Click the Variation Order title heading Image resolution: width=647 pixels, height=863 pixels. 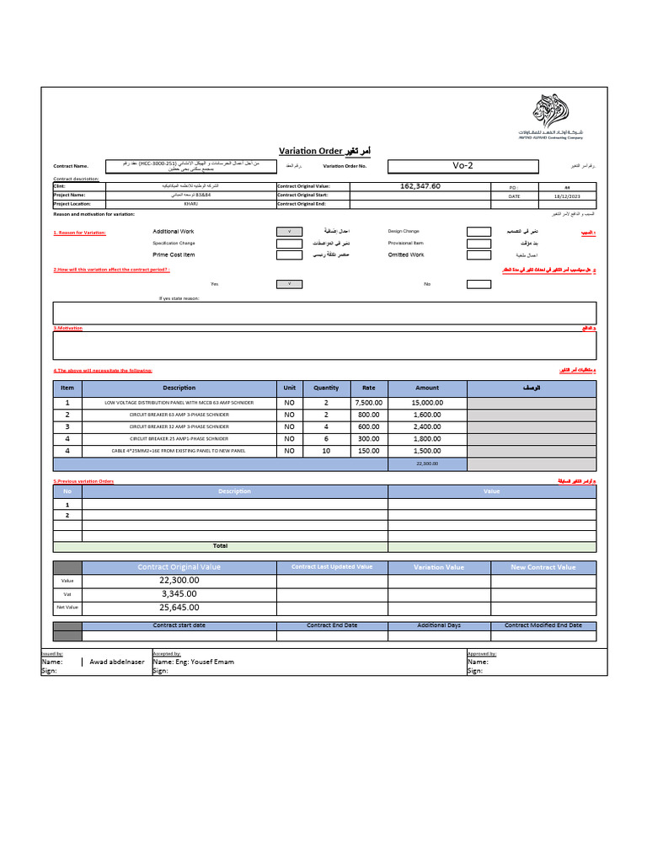(x=324, y=150)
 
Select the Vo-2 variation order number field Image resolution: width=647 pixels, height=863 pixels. (x=463, y=165)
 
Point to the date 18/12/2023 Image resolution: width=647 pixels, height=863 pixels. (x=568, y=196)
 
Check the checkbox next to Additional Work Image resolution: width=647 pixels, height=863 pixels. (x=289, y=231)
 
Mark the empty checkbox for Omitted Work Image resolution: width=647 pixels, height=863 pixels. (x=479, y=255)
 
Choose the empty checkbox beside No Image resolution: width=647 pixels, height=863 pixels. (x=479, y=284)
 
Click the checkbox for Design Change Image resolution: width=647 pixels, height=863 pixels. (x=479, y=231)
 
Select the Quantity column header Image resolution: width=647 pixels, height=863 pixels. (x=326, y=388)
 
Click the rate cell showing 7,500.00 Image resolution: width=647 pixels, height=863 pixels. (x=368, y=403)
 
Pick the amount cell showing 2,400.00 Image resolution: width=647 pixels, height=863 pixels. (x=427, y=426)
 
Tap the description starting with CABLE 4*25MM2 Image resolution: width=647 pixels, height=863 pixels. (x=179, y=451)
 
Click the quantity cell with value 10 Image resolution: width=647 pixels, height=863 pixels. (x=326, y=451)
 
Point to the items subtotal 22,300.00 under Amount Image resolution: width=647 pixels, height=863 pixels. (x=427, y=464)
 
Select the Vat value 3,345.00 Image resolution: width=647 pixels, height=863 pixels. (x=179, y=593)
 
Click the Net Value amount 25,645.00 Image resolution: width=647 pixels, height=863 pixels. (x=179, y=607)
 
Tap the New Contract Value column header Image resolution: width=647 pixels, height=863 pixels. (x=543, y=567)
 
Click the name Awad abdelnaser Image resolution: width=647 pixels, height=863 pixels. (x=116, y=662)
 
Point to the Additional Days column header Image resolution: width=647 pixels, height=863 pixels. (x=439, y=625)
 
